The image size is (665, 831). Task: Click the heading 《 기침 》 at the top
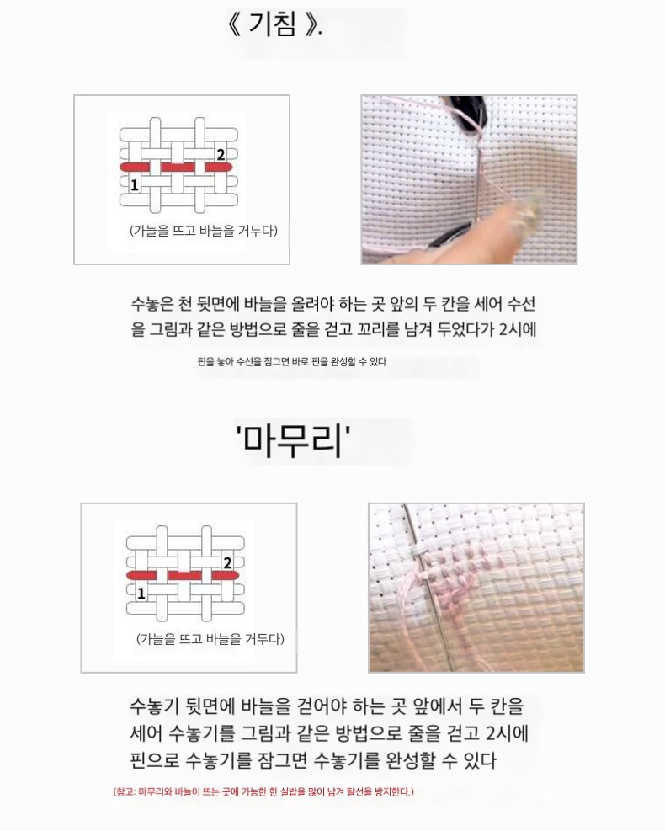click(x=274, y=24)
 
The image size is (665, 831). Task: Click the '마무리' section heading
click(x=293, y=441)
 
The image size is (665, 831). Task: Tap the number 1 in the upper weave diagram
click(x=134, y=185)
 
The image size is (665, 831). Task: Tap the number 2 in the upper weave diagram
click(x=221, y=154)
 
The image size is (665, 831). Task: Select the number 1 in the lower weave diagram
click(x=141, y=594)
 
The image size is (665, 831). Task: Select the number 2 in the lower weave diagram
click(x=228, y=562)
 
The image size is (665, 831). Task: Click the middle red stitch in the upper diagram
click(x=178, y=168)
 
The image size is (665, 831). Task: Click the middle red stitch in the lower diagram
click(x=185, y=576)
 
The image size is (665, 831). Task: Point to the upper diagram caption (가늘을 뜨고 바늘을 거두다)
click(x=204, y=231)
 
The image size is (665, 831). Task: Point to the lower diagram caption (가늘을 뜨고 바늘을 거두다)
click(x=210, y=639)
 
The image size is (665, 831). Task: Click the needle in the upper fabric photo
click(x=477, y=180)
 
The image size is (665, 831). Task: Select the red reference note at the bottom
click(x=263, y=791)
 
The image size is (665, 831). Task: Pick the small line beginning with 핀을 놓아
click(x=292, y=362)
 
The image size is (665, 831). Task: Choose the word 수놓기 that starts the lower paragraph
click(x=154, y=706)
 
